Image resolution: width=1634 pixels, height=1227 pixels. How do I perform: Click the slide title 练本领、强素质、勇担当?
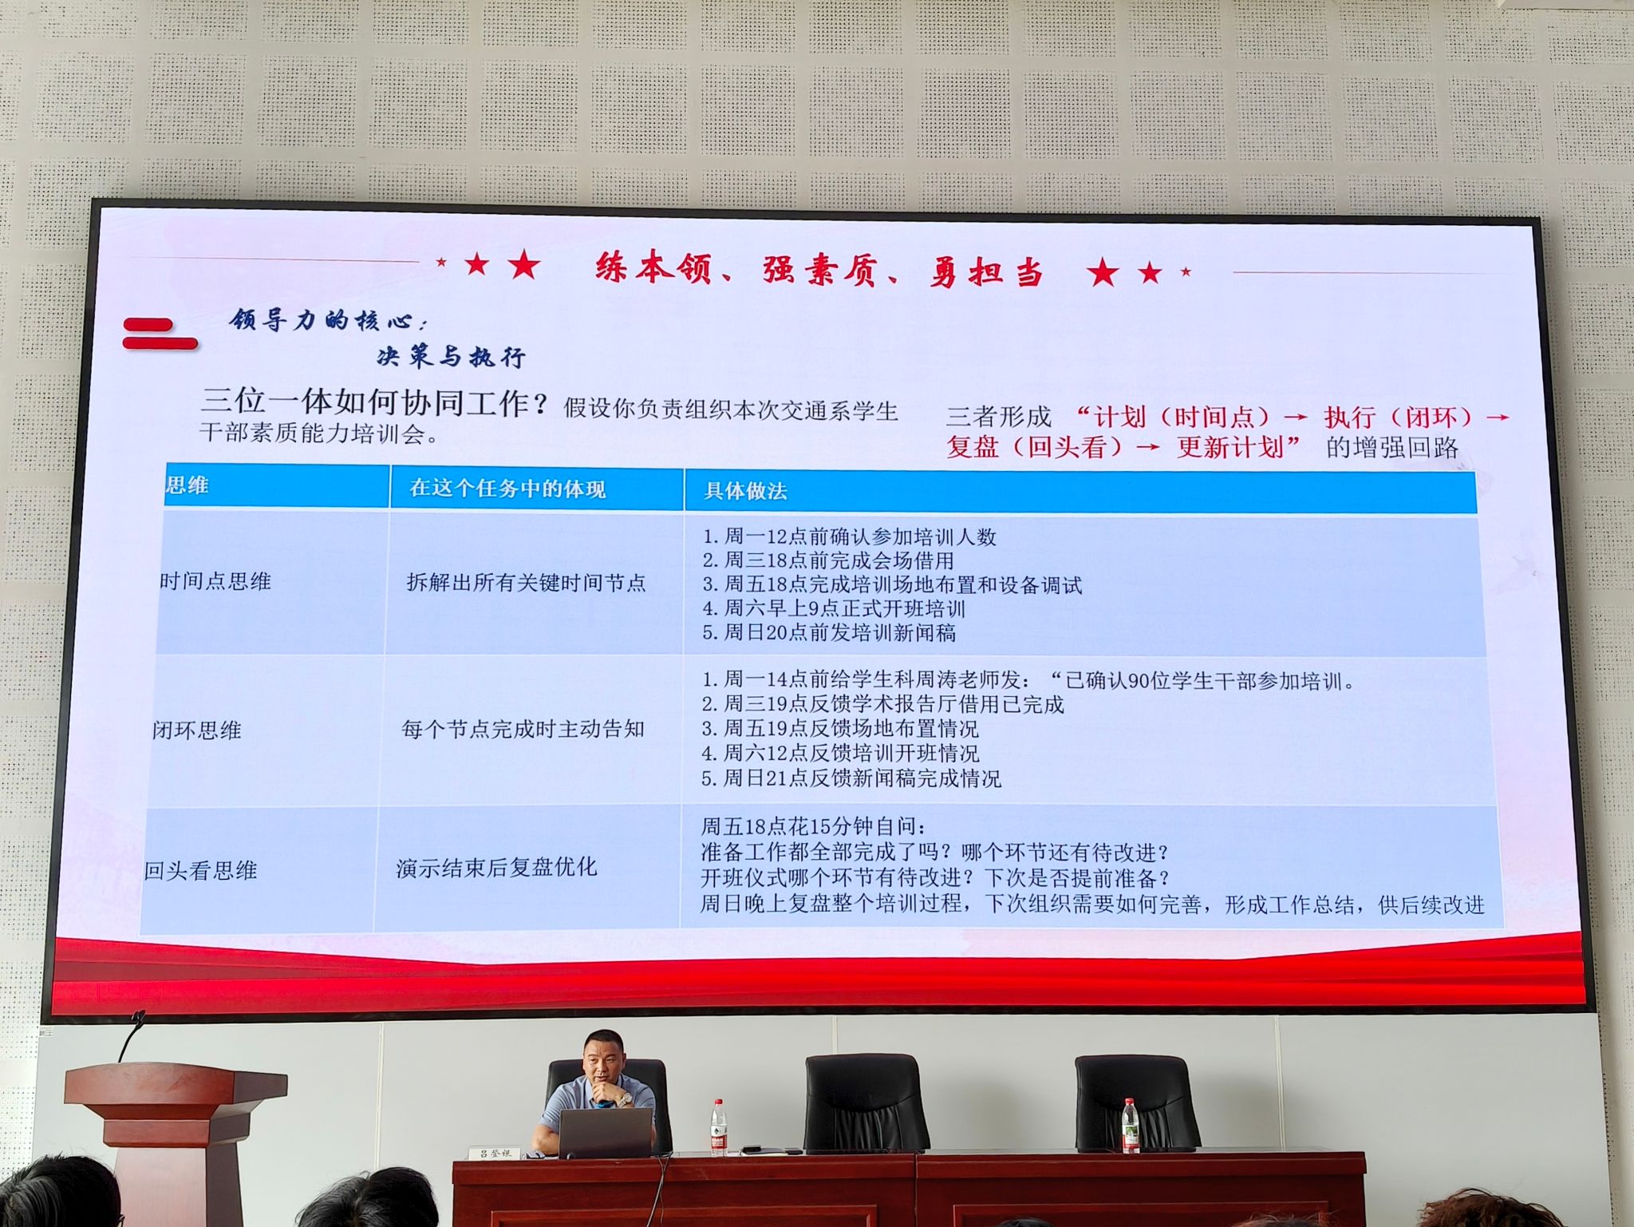819,269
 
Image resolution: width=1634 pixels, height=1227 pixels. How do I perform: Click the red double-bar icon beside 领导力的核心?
160,334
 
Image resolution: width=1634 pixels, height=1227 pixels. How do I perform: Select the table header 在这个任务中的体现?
507,489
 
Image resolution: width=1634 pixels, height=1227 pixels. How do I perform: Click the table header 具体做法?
745,491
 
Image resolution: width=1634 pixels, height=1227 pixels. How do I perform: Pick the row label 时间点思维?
215,581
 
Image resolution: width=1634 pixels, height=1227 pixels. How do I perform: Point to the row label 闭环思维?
197,730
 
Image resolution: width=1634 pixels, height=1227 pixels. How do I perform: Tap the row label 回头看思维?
200,870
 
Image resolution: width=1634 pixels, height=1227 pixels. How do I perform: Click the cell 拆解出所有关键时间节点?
526,583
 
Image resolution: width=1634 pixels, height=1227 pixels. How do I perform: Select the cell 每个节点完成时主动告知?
523,729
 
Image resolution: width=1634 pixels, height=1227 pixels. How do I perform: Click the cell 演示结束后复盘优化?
496,868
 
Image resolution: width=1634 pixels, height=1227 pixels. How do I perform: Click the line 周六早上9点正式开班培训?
834,609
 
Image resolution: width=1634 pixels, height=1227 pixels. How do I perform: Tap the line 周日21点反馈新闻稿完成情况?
851,778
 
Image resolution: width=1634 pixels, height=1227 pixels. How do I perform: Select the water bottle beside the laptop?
719,1127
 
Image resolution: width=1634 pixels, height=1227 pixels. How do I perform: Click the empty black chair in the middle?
866,1102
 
